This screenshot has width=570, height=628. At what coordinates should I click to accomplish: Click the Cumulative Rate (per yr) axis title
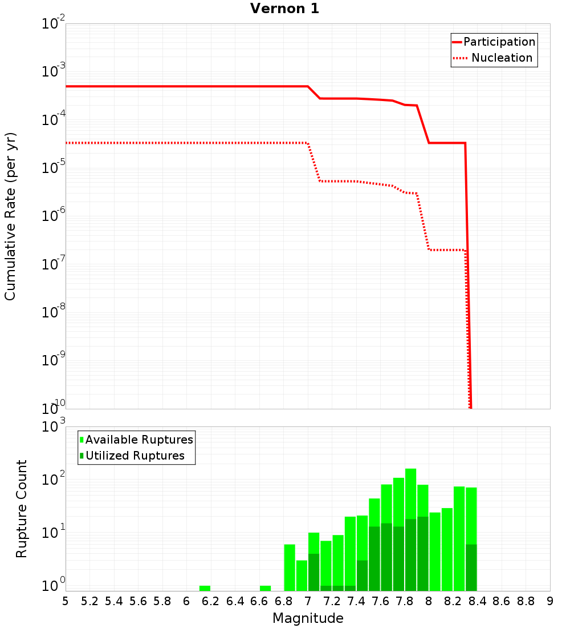click(10, 216)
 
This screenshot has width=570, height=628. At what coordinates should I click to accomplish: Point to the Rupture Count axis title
click(22, 508)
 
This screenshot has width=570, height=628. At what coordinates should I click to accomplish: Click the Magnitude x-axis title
click(308, 618)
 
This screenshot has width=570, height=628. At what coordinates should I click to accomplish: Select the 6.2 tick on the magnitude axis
click(211, 601)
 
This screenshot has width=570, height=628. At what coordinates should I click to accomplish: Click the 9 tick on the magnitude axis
click(550, 601)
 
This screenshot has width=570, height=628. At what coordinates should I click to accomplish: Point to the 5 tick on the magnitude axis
click(66, 601)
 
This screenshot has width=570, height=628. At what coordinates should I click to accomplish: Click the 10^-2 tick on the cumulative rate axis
click(54, 24)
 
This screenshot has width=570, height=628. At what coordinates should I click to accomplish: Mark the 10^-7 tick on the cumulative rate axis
click(54, 264)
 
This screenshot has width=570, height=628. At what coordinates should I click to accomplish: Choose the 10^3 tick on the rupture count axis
click(54, 426)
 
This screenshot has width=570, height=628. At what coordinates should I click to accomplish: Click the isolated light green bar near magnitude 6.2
click(205, 588)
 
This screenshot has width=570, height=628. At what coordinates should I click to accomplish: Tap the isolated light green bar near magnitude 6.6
click(265, 588)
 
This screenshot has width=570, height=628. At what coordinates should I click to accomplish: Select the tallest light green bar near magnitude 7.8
click(410, 497)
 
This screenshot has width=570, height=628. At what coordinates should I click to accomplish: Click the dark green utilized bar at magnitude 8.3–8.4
click(471, 568)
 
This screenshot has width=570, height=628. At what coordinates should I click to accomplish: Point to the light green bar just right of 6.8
click(290, 568)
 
